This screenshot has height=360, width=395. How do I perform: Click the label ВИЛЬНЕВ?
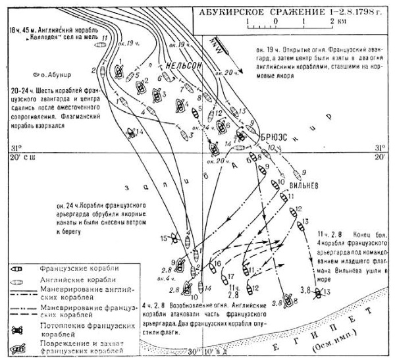tap(303, 186)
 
